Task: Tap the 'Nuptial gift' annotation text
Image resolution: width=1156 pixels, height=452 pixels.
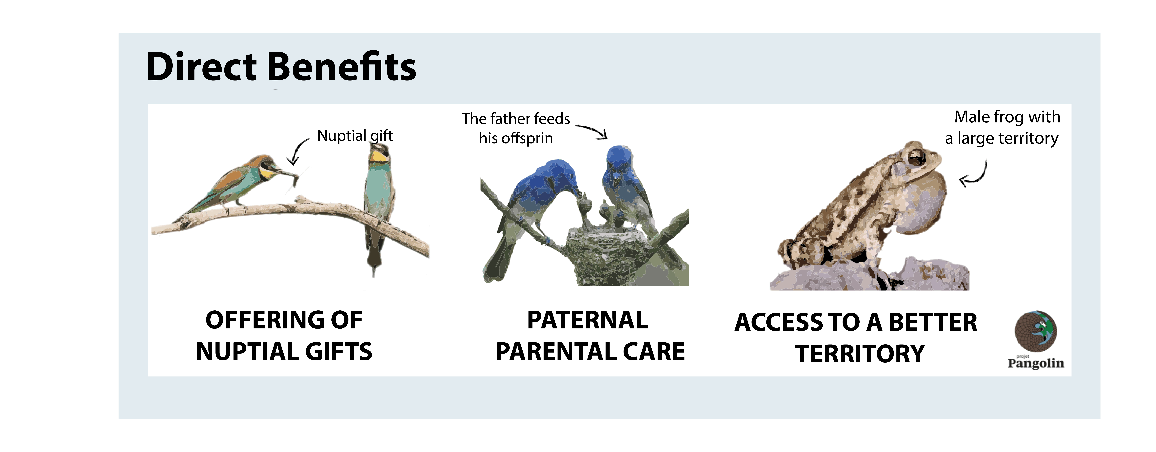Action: [355, 136]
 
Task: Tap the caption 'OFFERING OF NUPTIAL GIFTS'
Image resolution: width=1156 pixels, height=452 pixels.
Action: [284, 336]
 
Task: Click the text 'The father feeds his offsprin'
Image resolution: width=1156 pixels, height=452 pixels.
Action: [516, 128]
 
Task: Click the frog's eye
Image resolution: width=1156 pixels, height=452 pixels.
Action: [915, 157]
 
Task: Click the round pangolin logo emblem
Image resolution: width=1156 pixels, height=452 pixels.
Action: [1036, 331]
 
